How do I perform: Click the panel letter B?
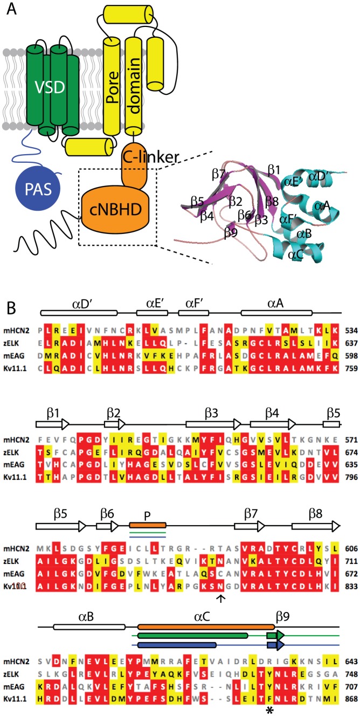coord(12,307)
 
